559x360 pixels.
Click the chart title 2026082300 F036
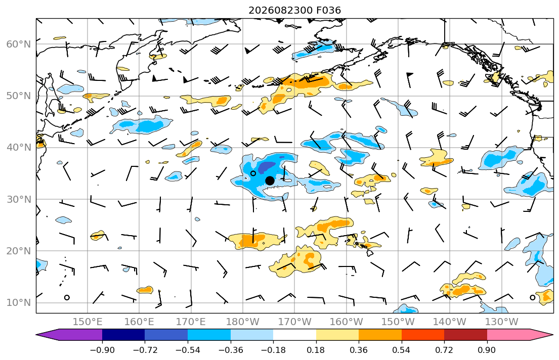coord(294,10)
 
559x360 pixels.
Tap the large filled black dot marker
coord(270,181)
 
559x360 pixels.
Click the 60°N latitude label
coord(19,44)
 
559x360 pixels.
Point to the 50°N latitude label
coord(19,96)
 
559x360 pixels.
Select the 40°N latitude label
coord(19,147)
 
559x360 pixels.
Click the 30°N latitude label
coord(19,199)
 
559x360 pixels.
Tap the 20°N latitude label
coord(19,251)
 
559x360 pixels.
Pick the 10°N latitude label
coord(19,303)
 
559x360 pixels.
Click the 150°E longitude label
coord(88,322)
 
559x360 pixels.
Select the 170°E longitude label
coord(191,322)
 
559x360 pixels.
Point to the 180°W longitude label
coord(243,322)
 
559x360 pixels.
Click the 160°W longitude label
coord(346,322)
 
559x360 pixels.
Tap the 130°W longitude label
coord(502,322)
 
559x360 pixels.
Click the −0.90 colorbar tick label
coord(102,350)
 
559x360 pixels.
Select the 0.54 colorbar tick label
coord(402,350)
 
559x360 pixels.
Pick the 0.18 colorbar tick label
coord(316,350)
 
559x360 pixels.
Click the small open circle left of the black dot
coord(253,173)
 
